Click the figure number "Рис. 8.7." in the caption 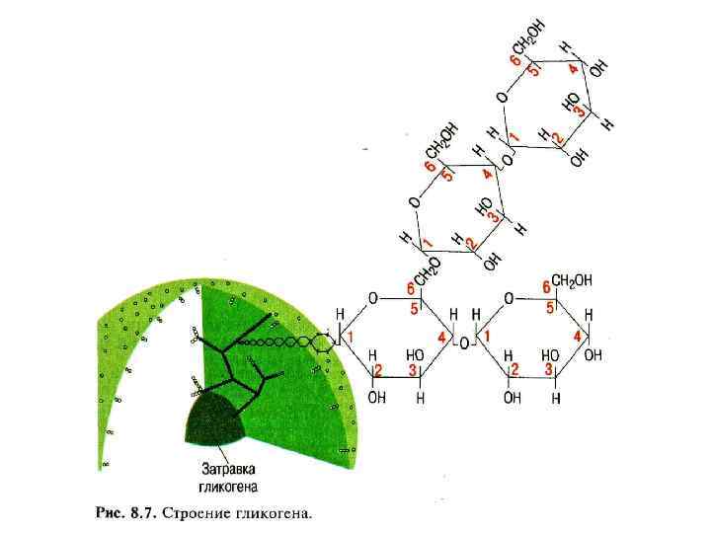coord(125,512)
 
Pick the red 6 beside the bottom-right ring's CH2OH coord(545,285)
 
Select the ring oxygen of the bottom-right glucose coord(509,297)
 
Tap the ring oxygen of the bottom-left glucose coord(372,296)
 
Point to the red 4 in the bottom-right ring coord(576,338)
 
